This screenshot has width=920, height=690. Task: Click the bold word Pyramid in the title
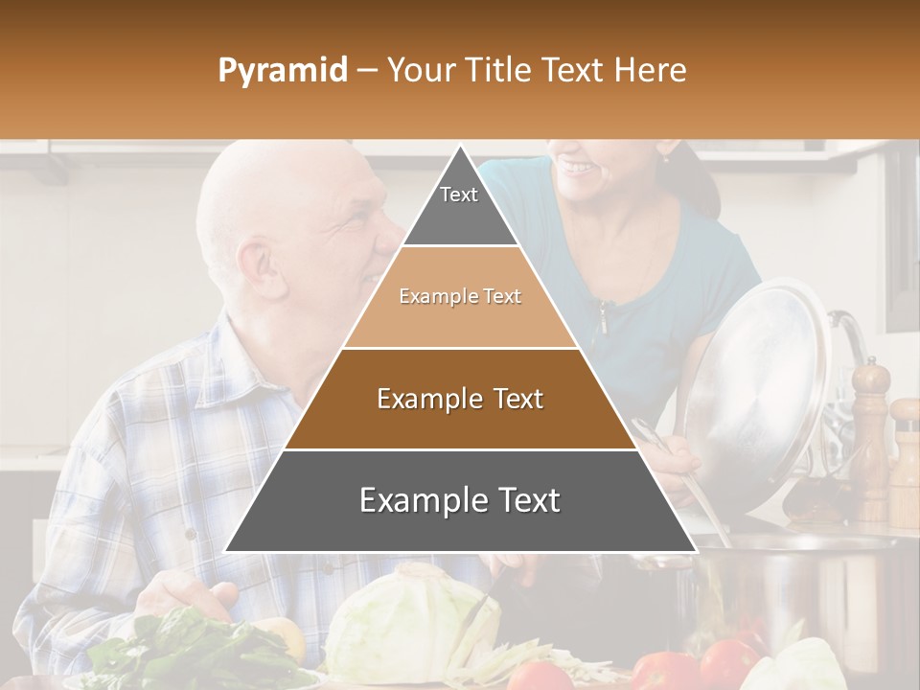[282, 70]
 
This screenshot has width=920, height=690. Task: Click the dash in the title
[366, 71]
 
